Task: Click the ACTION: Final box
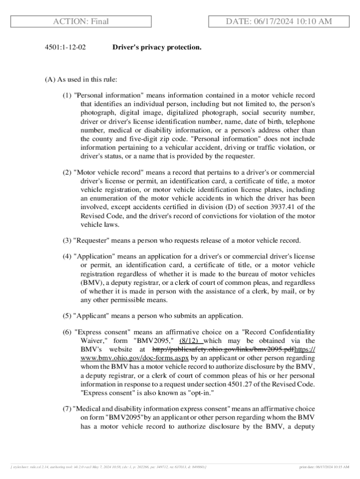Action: coord(81,22)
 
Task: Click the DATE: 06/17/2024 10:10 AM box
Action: coord(279,22)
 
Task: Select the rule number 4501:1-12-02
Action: coord(65,47)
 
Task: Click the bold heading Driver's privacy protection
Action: coord(157,47)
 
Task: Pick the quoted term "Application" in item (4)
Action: coord(94,257)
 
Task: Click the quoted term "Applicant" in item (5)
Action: coord(92,315)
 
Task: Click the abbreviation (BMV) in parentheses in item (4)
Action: coord(88,283)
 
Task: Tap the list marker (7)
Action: coord(67,409)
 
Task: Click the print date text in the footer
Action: coord(324,467)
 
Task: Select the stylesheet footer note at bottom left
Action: coord(108,467)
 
